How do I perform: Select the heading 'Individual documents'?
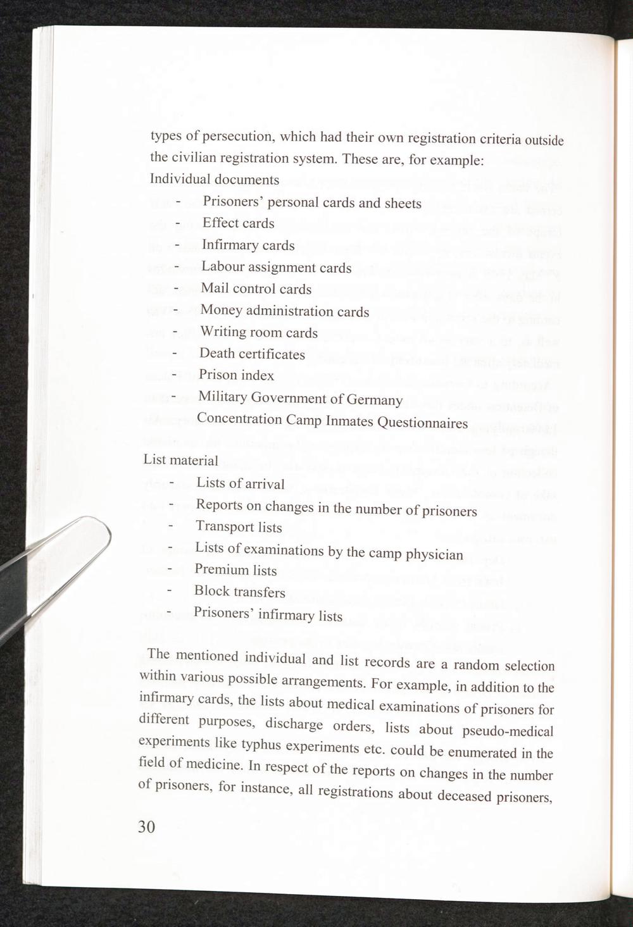click(215, 180)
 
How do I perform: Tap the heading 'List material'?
click(180, 460)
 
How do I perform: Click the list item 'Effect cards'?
click(238, 223)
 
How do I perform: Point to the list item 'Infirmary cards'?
click(248, 246)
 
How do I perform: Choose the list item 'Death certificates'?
click(252, 354)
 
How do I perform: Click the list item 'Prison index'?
click(236, 375)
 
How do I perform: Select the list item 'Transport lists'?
click(239, 527)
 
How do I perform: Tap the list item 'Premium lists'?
click(235, 570)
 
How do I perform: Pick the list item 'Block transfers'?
click(239, 592)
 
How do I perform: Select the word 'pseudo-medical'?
click(508, 731)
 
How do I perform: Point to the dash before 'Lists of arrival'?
click(172, 483)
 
